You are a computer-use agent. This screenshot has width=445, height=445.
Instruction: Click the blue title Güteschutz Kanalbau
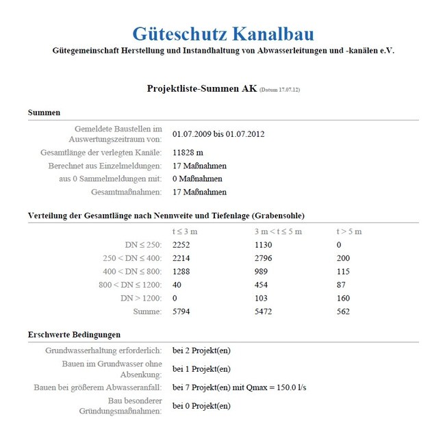[x=223, y=34]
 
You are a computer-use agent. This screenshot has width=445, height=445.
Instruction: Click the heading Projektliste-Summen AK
[x=201, y=88]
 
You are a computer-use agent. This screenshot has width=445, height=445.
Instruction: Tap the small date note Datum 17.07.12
[x=280, y=90]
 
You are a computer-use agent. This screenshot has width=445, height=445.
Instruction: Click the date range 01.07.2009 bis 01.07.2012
[x=218, y=133]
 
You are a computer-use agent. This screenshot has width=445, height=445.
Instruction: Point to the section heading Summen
[x=44, y=112]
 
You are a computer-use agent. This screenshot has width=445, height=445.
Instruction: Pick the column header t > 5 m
[x=349, y=231]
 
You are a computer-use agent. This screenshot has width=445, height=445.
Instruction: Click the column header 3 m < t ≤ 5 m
[x=278, y=231]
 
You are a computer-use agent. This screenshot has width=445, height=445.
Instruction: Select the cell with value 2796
[x=264, y=258]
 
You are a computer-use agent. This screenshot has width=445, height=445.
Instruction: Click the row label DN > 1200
[x=140, y=298]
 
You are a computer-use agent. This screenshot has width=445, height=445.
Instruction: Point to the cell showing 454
[x=262, y=285]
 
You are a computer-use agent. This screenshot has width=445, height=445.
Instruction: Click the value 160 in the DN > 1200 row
[x=343, y=298]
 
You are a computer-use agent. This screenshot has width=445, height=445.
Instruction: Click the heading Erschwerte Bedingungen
[x=74, y=334]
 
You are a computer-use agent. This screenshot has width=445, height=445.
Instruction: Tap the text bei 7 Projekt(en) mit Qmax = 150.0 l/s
[x=239, y=387]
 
